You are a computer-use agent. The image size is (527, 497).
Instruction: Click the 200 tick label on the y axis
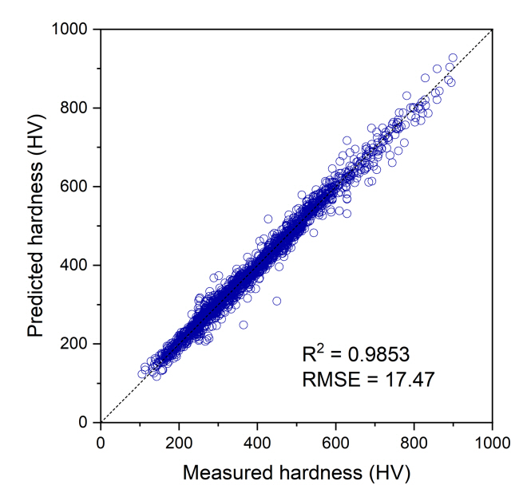point(79,344)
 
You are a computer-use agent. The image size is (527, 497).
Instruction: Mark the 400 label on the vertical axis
point(79,265)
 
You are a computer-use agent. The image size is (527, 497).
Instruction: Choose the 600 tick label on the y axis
point(79,187)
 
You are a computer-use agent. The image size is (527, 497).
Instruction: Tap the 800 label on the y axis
point(79,108)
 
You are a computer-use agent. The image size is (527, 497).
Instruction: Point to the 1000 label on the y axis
point(74,30)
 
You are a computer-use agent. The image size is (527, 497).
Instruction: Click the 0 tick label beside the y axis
point(89,422)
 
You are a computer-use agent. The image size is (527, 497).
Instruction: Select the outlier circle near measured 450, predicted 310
point(276,301)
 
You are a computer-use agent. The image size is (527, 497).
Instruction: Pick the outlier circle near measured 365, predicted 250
point(243,324)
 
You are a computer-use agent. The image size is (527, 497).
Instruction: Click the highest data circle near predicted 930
point(453,57)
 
